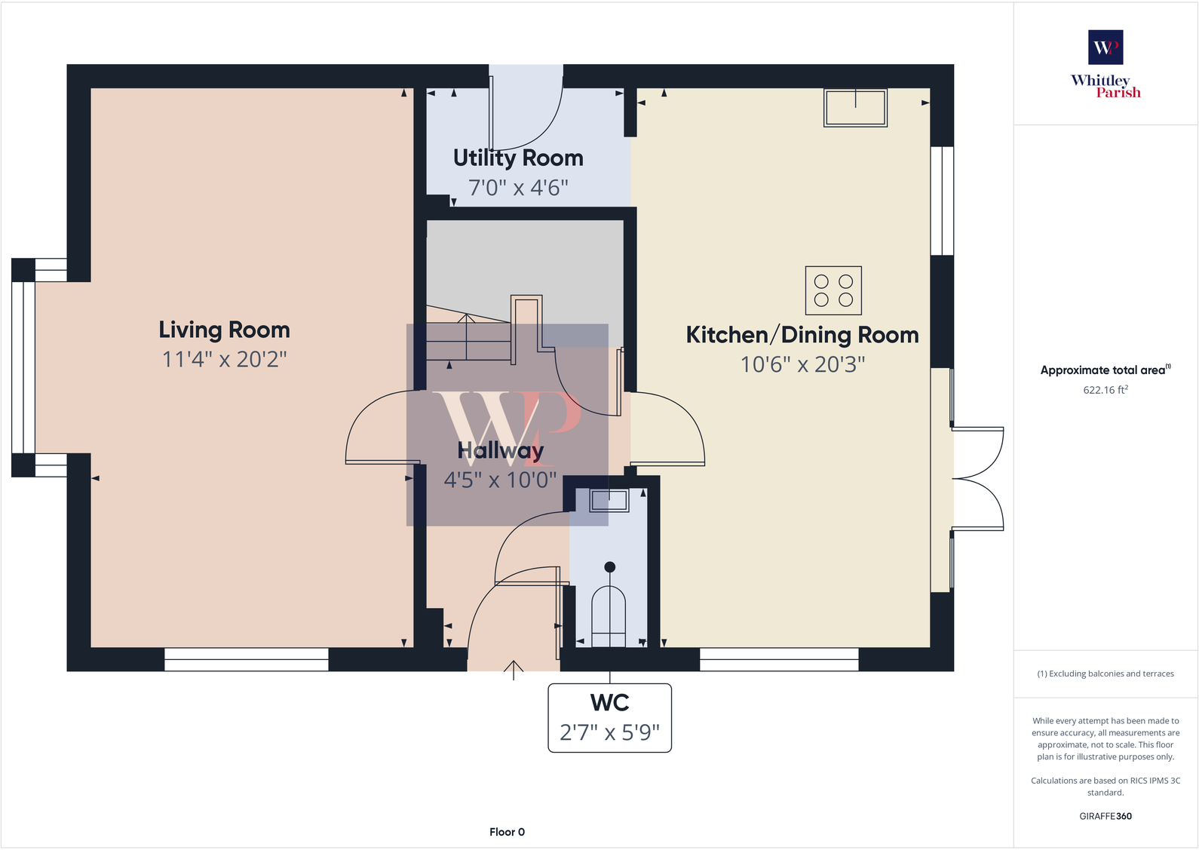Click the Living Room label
coord(224,330)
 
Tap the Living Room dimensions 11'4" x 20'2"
coord(224,359)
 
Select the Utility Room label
coord(518,158)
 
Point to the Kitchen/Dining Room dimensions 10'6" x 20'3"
coord(802,364)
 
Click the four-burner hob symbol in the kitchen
coord(833,290)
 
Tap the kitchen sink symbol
coord(855,107)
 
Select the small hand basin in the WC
coord(609,500)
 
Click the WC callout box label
coord(609,702)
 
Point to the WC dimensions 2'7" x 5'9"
coord(609,732)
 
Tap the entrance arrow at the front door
coord(514,669)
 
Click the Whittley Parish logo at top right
coord(1105,65)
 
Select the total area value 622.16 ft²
coord(1105,390)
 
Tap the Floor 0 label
coord(507,832)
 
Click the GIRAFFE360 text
coord(1105,816)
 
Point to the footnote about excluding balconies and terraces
coord(1105,674)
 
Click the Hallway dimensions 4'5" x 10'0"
coord(500,480)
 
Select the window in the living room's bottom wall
coord(247,659)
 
